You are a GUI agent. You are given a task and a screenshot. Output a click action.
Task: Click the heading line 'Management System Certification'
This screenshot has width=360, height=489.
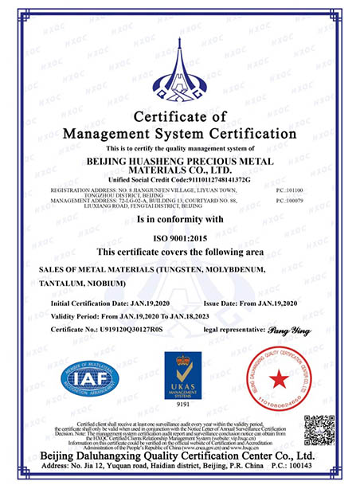click(179, 133)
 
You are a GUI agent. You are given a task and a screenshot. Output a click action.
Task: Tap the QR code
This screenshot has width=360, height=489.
click(319, 431)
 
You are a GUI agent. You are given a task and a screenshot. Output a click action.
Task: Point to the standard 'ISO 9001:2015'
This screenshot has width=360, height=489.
click(179, 238)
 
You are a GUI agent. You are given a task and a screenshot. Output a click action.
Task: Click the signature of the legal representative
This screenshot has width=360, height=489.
click(284, 328)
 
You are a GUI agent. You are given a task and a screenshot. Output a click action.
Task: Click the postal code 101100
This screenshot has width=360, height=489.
click(307, 191)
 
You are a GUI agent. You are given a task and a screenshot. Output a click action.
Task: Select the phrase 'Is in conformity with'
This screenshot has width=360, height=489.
click(179, 218)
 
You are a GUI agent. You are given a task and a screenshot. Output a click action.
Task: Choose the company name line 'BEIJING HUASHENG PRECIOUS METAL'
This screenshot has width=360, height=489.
click(179, 160)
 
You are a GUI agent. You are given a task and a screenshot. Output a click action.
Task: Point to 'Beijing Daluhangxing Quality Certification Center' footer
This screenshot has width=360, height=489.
click(179, 456)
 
